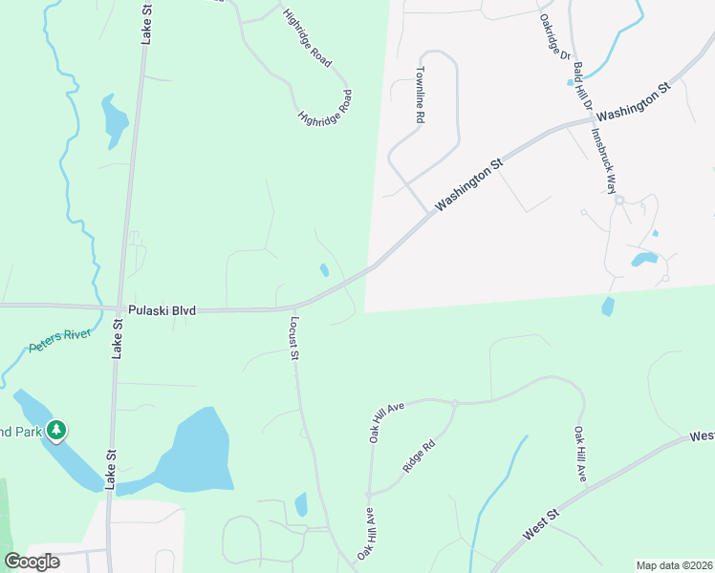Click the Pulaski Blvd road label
click(x=162, y=310)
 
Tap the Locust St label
click(x=294, y=338)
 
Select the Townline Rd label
click(x=419, y=95)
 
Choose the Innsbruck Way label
click(x=601, y=161)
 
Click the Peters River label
click(x=58, y=341)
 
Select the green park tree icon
click(x=57, y=432)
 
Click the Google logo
click(x=32, y=561)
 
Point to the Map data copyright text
click(x=674, y=565)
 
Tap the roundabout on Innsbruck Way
click(x=619, y=200)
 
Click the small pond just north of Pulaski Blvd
click(x=324, y=269)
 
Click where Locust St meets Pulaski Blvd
click(x=289, y=308)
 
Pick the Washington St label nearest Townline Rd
click(x=468, y=185)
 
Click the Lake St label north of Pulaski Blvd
click(x=146, y=24)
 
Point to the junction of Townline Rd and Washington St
click(x=425, y=213)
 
